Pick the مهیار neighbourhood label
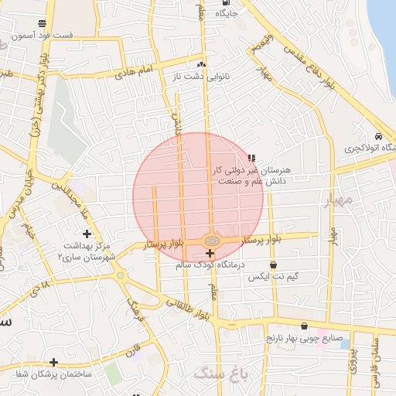[x=338, y=201]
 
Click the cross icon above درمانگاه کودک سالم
[x=210, y=253]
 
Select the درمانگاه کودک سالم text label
[x=210, y=265]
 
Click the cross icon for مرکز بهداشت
[x=87, y=234]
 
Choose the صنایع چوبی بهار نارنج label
[x=303, y=338]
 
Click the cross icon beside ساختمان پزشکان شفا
[x=53, y=362]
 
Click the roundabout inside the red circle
[x=211, y=241]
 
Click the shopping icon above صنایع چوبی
[x=303, y=326]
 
